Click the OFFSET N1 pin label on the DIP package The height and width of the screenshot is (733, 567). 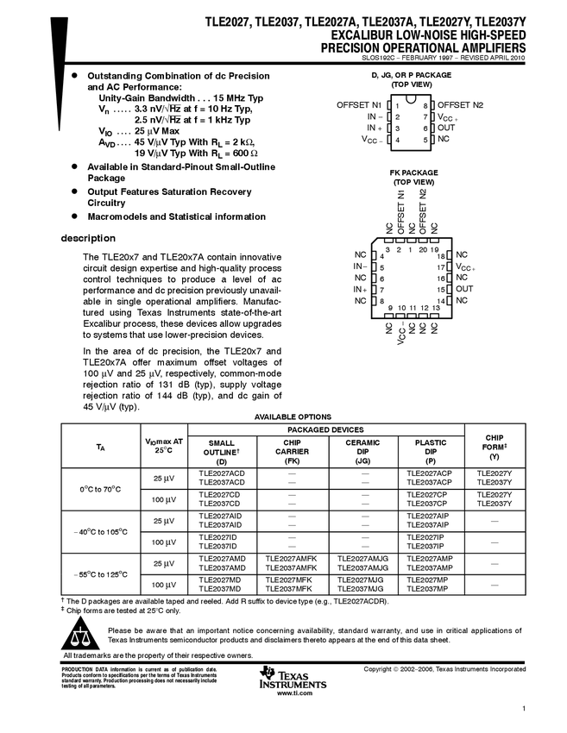(x=359, y=104)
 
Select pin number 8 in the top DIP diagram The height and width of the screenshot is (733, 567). (x=426, y=104)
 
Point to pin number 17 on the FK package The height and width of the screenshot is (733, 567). (x=440, y=268)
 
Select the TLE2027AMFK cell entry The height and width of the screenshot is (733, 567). (x=292, y=558)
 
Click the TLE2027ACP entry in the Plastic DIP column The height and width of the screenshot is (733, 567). (x=431, y=473)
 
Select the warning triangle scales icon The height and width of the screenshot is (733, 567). (x=82, y=638)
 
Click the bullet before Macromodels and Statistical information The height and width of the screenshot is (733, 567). (x=76, y=216)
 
